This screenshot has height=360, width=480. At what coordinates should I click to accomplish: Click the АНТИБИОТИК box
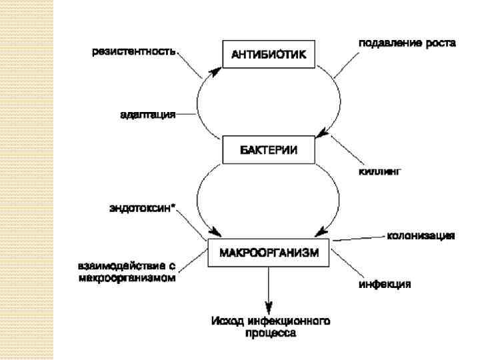tap(269, 55)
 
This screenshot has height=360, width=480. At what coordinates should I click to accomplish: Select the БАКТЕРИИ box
tap(269, 149)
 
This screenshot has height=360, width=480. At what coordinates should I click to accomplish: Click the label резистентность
tap(134, 51)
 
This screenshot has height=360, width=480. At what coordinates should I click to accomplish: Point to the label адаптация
tap(148, 114)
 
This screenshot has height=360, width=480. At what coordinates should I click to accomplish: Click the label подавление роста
tap(407, 43)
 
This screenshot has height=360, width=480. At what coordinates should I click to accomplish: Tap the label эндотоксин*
tap(143, 208)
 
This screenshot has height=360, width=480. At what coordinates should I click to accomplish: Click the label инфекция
tap(385, 285)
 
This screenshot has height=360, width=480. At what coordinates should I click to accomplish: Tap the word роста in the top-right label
tap(440, 43)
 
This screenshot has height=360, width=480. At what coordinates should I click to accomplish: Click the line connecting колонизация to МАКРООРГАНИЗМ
tap(360, 238)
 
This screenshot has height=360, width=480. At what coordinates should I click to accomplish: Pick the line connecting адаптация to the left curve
tap(186, 114)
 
